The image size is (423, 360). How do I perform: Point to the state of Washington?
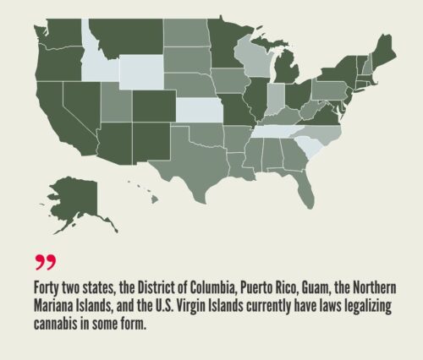pyautogui.click(x=63, y=29)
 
